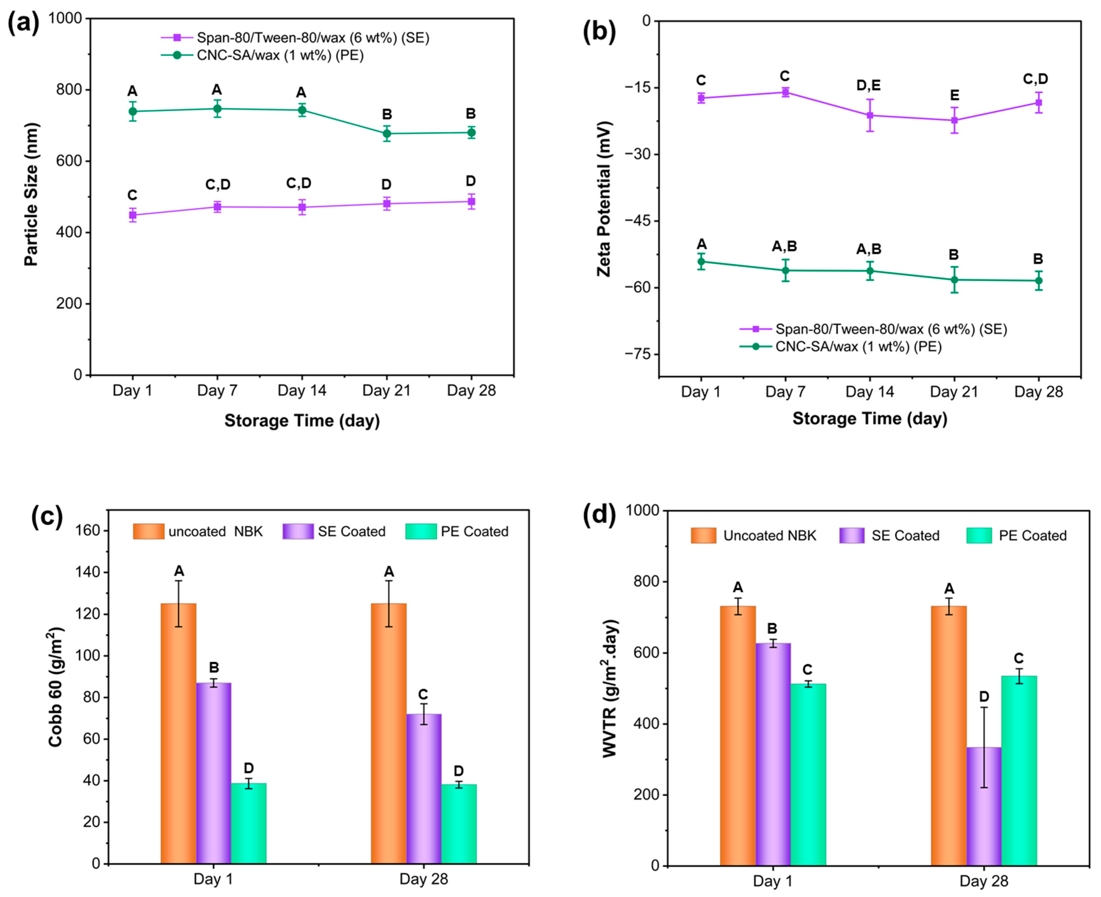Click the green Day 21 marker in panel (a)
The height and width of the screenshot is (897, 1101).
387,133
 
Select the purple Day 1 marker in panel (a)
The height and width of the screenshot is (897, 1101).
133,215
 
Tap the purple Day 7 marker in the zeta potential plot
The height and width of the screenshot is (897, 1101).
785,92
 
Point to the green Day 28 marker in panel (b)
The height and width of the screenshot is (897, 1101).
1038,280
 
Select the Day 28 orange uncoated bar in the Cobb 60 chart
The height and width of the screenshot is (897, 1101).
389,734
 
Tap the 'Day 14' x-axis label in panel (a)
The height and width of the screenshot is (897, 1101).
302,391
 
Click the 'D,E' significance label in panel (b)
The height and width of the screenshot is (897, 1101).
869,85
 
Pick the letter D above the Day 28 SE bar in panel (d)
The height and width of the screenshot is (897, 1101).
984,697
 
